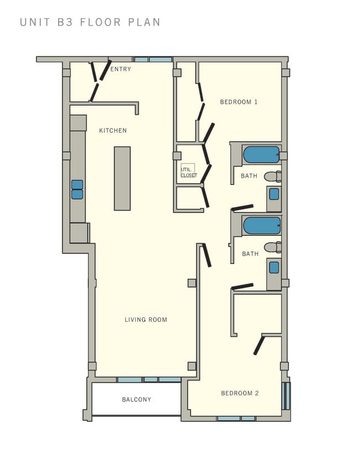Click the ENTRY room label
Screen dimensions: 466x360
[x=120, y=69]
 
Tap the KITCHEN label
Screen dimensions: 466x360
[x=113, y=131]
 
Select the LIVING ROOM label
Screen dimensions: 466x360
[x=146, y=320]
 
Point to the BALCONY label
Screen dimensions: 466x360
[x=136, y=399]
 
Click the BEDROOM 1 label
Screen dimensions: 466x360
[x=239, y=102]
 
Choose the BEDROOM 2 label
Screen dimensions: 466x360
[x=240, y=393]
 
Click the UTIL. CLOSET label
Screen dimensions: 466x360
[x=188, y=172]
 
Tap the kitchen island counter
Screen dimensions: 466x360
[x=122, y=178]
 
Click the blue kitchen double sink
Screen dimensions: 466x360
[x=77, y=189]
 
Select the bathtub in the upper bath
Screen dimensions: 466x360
[x=261, y=155]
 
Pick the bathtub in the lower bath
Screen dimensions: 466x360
[x=262, y=225]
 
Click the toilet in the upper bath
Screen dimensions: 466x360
[x=272, y=177]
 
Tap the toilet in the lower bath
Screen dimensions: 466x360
[x=272, y=247]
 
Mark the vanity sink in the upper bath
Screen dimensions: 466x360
[x=274, y=194]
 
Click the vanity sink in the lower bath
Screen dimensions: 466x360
[x=274, y=267]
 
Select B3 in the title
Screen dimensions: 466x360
[x=65, y=23]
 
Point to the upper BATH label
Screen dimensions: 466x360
[x=249, y=176]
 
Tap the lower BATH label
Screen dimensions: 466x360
[x=250, y=254]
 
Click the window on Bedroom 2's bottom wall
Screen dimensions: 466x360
[x=236, y=419]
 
